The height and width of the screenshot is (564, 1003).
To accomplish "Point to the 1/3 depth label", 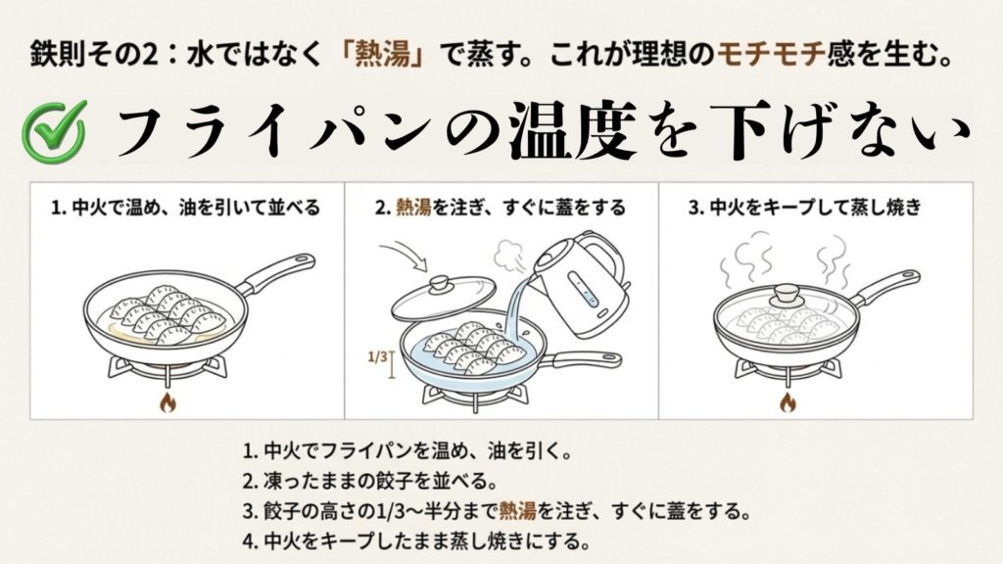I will coord(376,358).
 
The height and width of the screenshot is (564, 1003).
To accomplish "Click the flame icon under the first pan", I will coord(167,401).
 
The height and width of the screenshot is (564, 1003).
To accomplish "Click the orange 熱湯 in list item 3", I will coord(517,510).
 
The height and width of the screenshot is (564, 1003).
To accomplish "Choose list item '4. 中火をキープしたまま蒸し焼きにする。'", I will coord(416,540).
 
